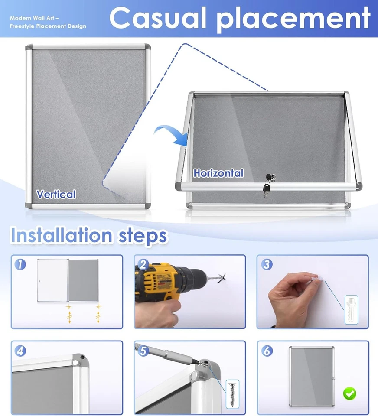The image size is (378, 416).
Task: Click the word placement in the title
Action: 293,19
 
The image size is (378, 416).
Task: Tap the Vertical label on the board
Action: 56,194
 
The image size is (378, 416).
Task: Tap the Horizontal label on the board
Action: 218,173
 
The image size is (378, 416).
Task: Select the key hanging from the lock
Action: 266,189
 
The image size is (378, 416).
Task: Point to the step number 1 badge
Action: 19,264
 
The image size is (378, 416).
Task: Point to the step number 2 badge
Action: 143,264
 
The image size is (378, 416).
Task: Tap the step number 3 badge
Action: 267,264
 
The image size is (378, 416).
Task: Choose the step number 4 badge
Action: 20,351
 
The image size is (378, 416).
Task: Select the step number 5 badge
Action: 143,351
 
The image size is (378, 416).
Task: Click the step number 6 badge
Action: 267,351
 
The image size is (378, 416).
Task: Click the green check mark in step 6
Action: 349,393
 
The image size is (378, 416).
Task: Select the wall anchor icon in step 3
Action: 351,309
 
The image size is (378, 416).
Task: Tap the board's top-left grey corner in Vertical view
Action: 29,47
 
